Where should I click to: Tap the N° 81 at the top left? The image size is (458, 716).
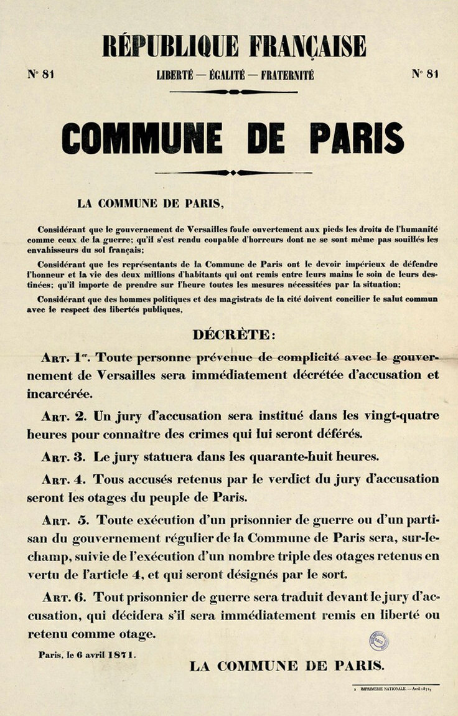pos(40,73)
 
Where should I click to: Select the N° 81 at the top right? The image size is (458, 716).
pos(425,73)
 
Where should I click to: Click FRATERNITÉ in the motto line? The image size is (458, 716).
pos(287,75)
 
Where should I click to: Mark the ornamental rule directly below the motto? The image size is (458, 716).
pos(233,92)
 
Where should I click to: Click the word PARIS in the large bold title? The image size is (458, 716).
pos(357,138)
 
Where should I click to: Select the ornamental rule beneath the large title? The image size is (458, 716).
pos(233,172)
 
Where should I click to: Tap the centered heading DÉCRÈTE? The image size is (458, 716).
pos(233,334)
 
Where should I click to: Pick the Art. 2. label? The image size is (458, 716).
pos(65,416)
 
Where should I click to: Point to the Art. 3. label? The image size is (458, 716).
pos(65,456)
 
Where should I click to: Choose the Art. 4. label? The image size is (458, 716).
pos(65,479)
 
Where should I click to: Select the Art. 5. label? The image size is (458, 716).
pos(67,520)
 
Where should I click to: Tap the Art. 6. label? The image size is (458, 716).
pos(65,597)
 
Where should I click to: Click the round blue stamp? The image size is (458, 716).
pos(378,640)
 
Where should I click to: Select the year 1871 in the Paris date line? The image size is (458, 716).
pos(121,655)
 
